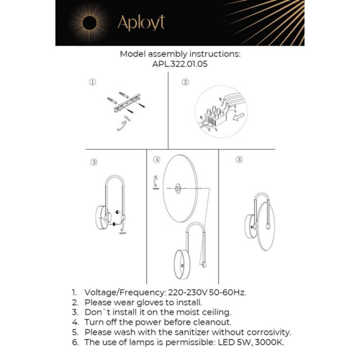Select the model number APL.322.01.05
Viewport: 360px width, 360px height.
click(180, 63)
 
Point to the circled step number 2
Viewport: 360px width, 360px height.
click(185, 83)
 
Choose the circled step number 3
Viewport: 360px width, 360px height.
click(94, 162)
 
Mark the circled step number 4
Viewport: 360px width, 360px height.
click(156, 158)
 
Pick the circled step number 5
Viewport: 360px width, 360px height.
click(240, 158)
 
